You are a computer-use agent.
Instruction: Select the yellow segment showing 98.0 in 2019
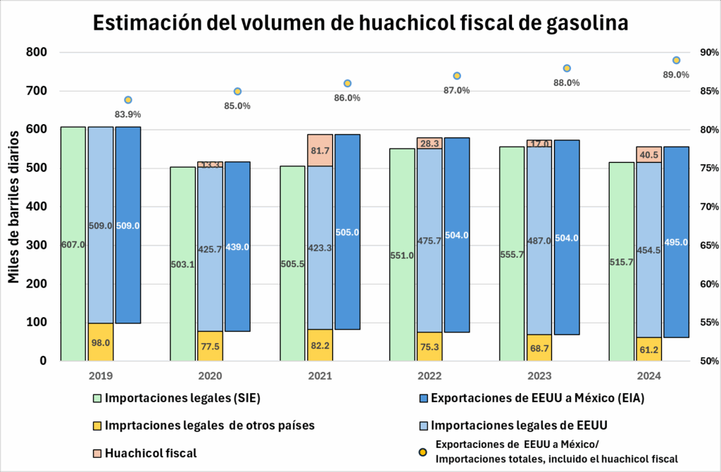101,342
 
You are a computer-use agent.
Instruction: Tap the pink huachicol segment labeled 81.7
320,150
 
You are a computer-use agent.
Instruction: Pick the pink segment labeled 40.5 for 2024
648,154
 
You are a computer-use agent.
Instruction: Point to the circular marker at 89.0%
676,61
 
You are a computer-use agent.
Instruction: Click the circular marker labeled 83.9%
128,100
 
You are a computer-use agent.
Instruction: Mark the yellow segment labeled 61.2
648,349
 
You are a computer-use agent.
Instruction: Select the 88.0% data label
566,82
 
